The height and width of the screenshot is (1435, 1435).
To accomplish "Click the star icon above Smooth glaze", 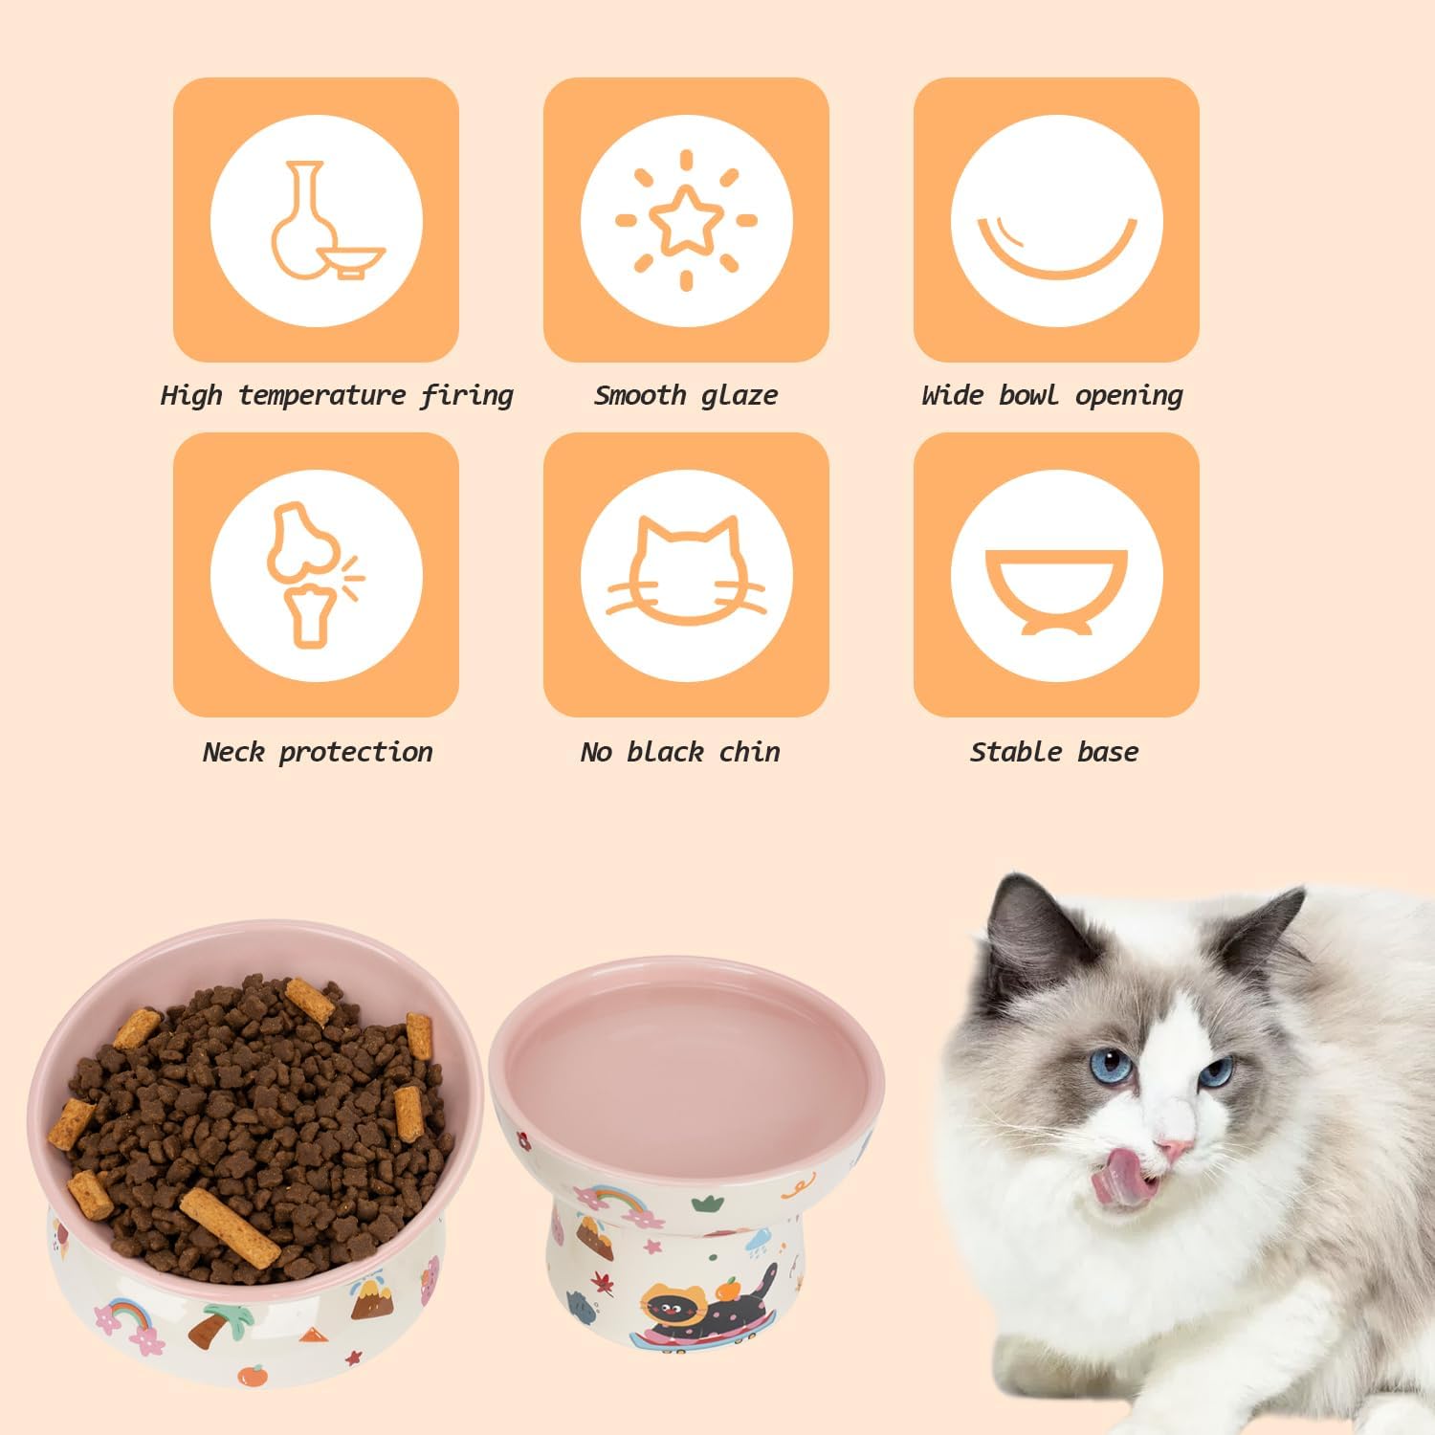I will [x=686, y=219].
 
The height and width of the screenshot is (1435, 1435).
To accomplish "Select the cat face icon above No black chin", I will [x=686, y=572].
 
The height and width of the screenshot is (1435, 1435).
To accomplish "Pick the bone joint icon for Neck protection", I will [x=308, y=574].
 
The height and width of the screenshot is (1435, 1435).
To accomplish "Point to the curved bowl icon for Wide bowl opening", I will [x=1056, y=245].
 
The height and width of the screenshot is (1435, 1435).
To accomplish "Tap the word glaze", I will [x=739, y=395].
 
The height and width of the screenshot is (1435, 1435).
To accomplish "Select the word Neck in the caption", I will [x=232, y=752].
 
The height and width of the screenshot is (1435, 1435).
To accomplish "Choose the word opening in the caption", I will [x=1129, y=395].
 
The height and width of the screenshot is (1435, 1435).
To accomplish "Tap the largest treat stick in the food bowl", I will [x=230, y=1226].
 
